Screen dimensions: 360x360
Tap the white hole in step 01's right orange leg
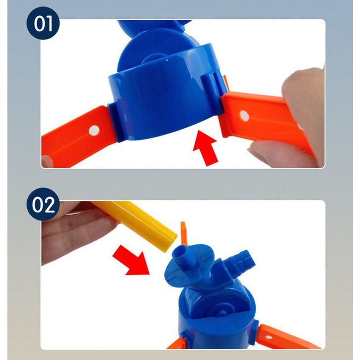[x=243, y=115]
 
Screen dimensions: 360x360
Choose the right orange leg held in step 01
[x=262, y=124]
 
